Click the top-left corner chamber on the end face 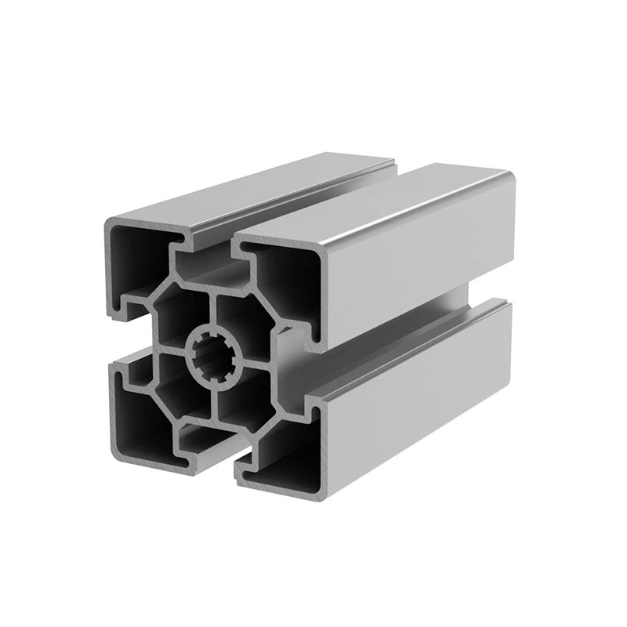click(137, 259)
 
